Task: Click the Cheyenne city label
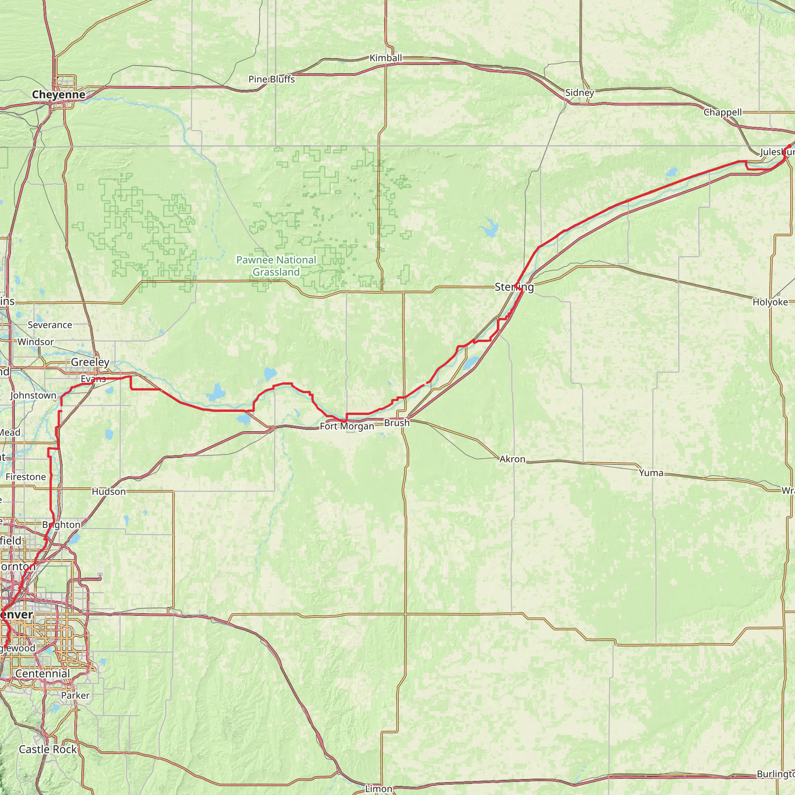click(x=59, y=95)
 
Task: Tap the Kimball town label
click(x=385, y=58)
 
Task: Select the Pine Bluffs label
click(x=272, y=79)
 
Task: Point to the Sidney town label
click(x=580, y=93)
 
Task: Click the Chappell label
click(x=722, y=112)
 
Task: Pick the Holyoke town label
click(x=770, y=302)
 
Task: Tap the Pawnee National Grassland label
click(x=276, y=266)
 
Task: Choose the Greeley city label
click(x=90, y=362)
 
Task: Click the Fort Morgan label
click(x=347, y=426)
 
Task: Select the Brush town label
click(x=397, y=423)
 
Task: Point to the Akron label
click(x=512, y=459)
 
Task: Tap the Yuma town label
click(x=651, y=473)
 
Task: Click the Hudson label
click(x=109, y=492)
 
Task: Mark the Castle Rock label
click(x=48, y=749)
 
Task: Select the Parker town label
click(x=75, y=695)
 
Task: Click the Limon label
click(x=378, y=788)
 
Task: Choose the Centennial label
click(x=43, y=673)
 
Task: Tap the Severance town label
click(x=50, y=325)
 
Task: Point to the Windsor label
click(x=35, y=342)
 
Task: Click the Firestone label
click(x=26, y=477)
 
